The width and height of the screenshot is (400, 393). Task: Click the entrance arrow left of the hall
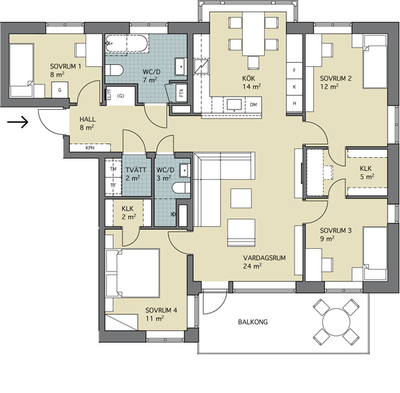[x=17, y=122]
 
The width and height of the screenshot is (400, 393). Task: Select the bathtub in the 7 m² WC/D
[x=127, y=44]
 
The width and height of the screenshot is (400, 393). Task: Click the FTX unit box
[x=181, y=92]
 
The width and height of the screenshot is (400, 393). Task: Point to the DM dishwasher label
[x=253, y=105]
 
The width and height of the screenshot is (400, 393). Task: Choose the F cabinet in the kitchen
[x=294, y=70]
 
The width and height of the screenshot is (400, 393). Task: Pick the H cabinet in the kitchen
[x=294, y=103]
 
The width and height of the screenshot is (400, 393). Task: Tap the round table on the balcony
[x=337, y=322]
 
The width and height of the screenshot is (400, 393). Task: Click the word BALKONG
[x=253, y=322]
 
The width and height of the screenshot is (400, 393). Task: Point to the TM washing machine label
[x=113, y=169]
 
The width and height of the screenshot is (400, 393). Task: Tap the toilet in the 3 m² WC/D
[x=181, y=188]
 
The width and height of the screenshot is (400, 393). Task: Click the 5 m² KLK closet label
[x=367, y=172]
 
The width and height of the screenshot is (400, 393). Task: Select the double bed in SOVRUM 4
[x=132, y=273]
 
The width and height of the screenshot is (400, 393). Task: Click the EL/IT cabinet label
[x=109, y=94]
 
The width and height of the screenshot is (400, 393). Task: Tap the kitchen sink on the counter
[x=234, y=105]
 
